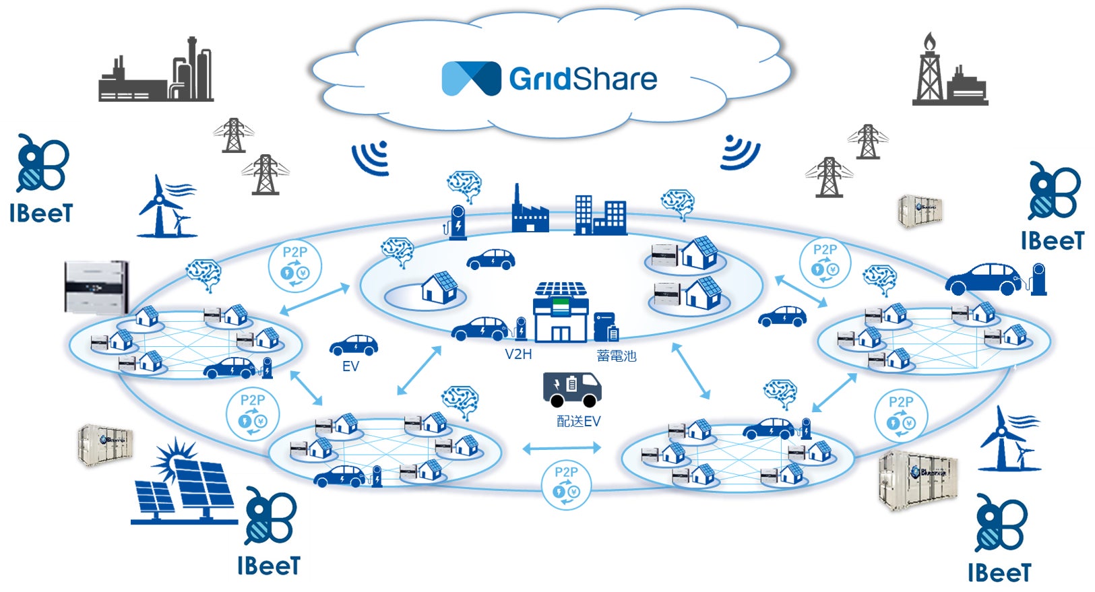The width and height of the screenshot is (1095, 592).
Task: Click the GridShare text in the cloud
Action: pos(583,79)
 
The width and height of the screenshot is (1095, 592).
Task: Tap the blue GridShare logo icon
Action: pos(471,78)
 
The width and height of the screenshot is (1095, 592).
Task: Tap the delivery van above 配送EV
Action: pos(571,389)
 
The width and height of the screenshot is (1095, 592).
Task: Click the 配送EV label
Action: pos(578,422)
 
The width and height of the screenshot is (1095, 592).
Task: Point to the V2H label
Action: pos(518,354)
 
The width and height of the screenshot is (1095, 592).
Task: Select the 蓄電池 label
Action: pos(616,356)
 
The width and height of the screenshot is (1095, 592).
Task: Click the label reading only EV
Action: pos(350,366)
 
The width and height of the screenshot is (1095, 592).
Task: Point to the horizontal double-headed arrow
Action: pos(561,447)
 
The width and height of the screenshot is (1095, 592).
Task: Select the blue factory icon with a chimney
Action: pos(530,211)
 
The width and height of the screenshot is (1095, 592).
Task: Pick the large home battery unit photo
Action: pos(96,287)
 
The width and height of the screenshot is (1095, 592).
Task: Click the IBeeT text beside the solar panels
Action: pos(268,566)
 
